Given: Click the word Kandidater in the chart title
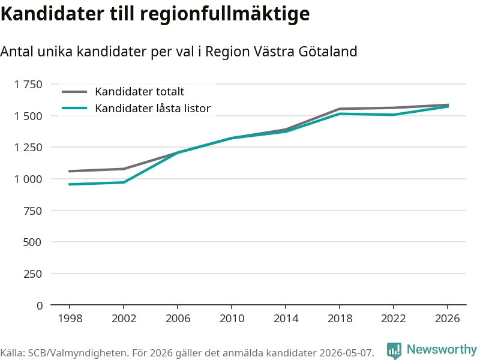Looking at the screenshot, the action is [x=52, y=13].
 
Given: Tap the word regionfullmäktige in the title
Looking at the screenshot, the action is [x=224, y=14].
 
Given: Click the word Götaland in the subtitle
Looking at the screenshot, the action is [x=328, y=51].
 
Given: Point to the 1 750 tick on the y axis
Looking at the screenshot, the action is [x=28, y=84].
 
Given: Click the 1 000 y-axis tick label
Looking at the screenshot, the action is [x=28, y=179].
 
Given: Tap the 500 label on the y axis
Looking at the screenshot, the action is [x=32, y=242].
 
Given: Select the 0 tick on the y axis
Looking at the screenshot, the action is [x=40, y=305].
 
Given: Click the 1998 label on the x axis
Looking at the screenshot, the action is [x=70, y=319].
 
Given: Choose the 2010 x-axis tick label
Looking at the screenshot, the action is [x=232, y=319].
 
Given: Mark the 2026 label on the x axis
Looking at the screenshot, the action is [x=447, y=319].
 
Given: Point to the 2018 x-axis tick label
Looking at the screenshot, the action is [x=340, y=319].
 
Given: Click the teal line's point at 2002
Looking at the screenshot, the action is [x=124, y=182].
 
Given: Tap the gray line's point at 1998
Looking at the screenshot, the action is [x=70, y=171].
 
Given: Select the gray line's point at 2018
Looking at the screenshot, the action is [x=340, y=109].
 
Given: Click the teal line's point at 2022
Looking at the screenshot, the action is [x=394, y=115].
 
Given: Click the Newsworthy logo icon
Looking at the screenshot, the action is [x=394, y=350].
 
